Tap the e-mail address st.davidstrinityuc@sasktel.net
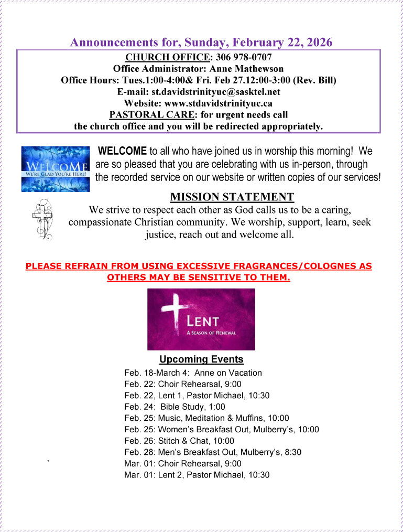[x=216, y=92]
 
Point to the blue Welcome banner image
[x=55, y=168]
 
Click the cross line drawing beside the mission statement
[x=42, y=219]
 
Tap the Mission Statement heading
[x=232, y=197]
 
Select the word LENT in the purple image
[x=205, y=321]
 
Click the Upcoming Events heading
[x=201, y=359]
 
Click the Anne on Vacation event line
[x=193, y=373]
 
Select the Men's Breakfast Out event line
[x=213, y=452]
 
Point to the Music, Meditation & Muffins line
[x=206, y=418]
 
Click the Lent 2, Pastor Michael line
[x=197, y=475]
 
